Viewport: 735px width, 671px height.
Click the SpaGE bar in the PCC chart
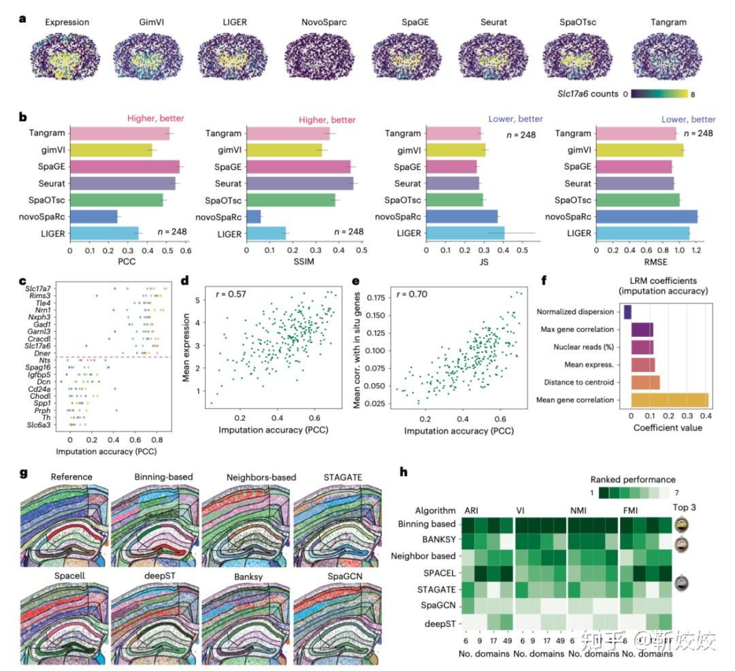tap(125, 167)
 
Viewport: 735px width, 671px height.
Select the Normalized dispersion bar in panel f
tap(627, 312)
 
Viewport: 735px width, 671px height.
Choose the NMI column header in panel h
tap(578, 510)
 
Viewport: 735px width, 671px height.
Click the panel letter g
tap(24, 472)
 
